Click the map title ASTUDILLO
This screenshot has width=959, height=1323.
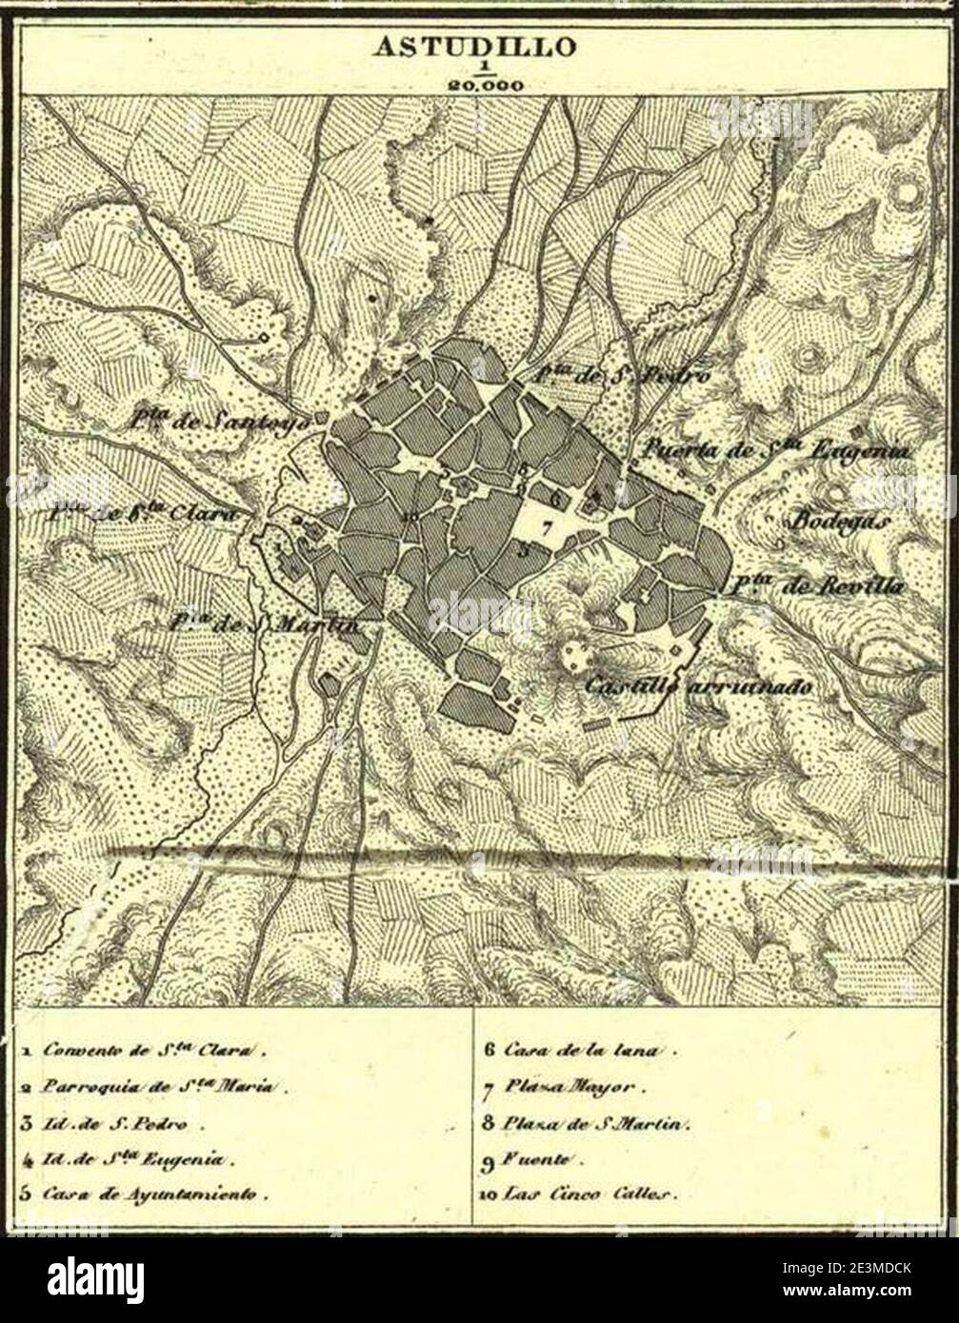point(473,46)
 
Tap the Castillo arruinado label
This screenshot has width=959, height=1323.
point(698,684)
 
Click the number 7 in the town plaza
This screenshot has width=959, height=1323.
point(546,527)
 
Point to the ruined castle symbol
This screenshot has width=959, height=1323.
point(573,655)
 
